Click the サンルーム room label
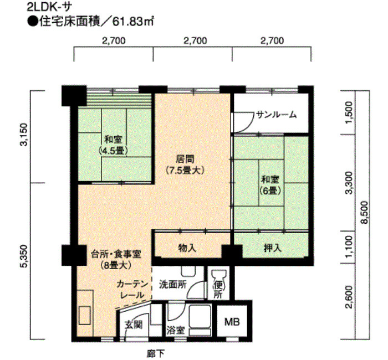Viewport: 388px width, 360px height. coord(276,115)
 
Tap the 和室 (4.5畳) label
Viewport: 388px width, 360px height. coord(113,145)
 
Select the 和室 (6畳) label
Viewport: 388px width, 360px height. coord(270,184)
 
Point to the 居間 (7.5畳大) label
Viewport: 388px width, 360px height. coord(185,164)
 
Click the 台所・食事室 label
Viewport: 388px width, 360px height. coord(115,254)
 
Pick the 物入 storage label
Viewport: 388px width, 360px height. coord(187,248)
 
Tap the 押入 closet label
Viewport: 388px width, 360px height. coord(273,248)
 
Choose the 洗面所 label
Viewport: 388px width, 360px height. coord(172,284)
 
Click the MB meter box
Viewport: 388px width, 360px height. coord(232,322)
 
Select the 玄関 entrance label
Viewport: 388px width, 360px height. coord(134,325)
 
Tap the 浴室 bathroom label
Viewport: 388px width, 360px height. coord(176,330)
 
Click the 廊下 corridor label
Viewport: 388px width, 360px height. coord(155,354)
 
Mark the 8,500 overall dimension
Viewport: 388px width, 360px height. coord(364,212)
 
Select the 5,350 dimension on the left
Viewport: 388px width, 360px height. coord(25,256)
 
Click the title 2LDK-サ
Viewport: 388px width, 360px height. coord(49,7)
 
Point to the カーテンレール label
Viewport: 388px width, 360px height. coord(131,290)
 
